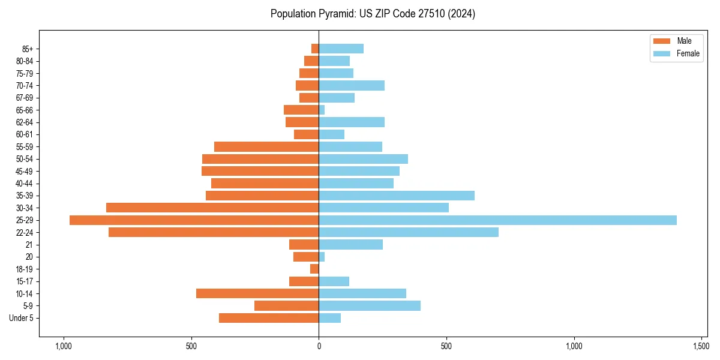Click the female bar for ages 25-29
[x=497, y=220]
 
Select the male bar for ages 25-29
[x=194, y=220]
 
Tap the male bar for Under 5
[x=269, y=318]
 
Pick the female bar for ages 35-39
[x=397, y=196]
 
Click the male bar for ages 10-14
[x=257, y=293]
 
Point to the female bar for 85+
[x=341, y=49]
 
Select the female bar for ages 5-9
[x=370, y=306]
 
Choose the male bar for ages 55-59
[x=266, y=147]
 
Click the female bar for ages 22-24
[x=409, y=232]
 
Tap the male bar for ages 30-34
[x=212, y=208]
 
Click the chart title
[x=373, y=14]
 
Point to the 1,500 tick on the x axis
[x=701, y=346]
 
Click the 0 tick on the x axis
[x=319, y=346]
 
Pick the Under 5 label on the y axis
[x=22, y=318]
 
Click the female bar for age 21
[x=350, y=245]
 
